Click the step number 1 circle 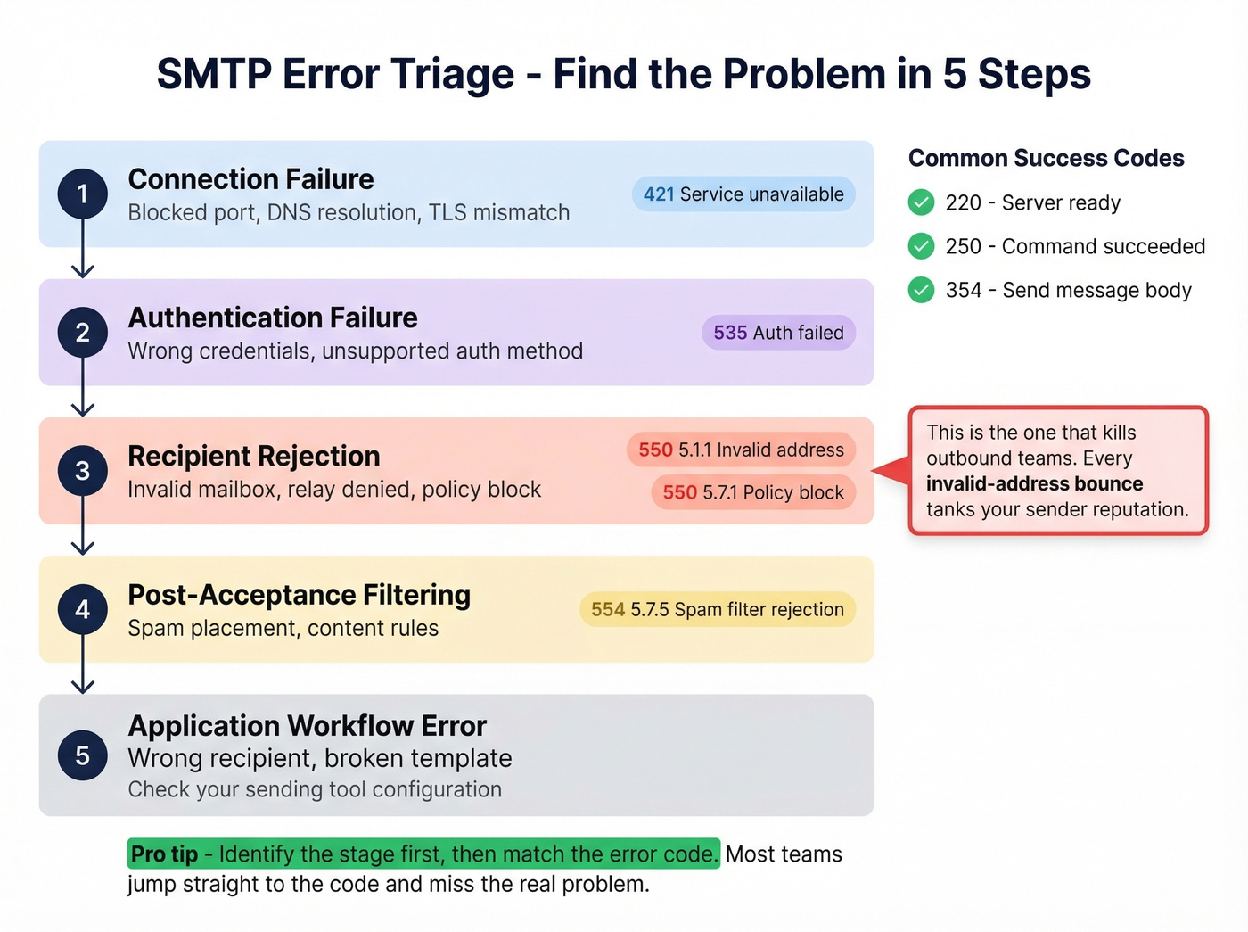pos(83,194)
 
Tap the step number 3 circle pos(83,470)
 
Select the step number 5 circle pos(83,755)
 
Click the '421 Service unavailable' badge pos(743,194)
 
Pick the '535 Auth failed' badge pos(778,333)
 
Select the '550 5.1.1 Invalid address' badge pos(741,450)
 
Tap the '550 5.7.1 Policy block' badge pos(753,492)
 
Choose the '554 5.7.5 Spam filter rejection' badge pos(718,610)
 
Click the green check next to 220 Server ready pos(921,202)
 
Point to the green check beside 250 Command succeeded pos(921,246)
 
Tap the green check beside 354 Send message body pos(921,290)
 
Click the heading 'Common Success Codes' pos(1046,159)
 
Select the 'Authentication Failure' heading pos(273,318)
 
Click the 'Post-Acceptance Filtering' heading pos(299,595)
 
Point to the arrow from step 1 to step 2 pos(83,250)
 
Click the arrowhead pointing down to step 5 pos(83,685)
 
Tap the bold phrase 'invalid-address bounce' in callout pos(1034,484)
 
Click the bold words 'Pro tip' pos(165,854)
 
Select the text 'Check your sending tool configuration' pos(315,789)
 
